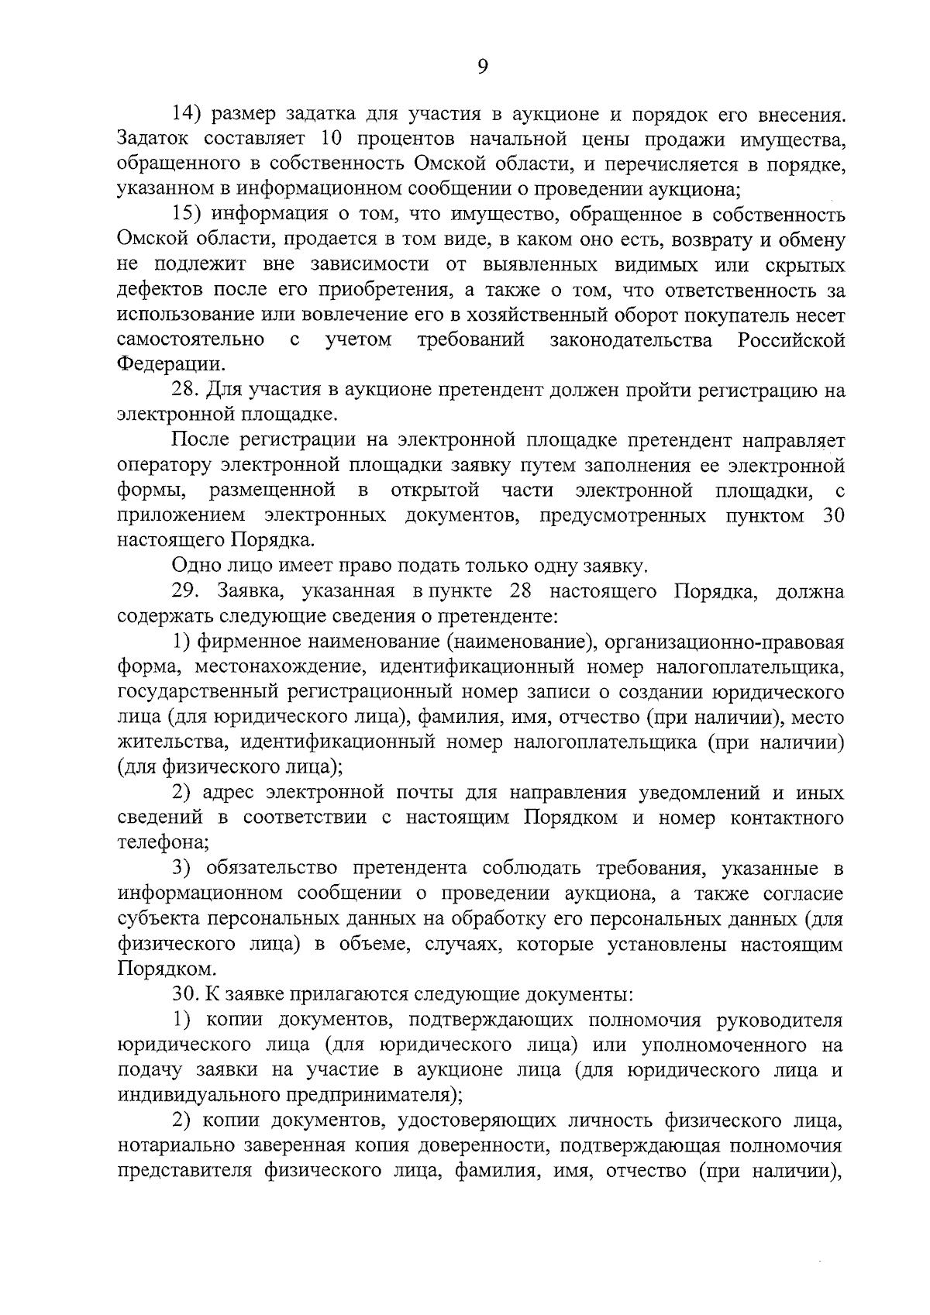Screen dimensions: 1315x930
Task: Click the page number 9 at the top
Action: (x=481, y=67)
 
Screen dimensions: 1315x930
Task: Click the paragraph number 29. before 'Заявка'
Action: (x=187, y=592)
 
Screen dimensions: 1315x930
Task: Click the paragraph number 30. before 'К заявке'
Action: (x=187, y=994)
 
